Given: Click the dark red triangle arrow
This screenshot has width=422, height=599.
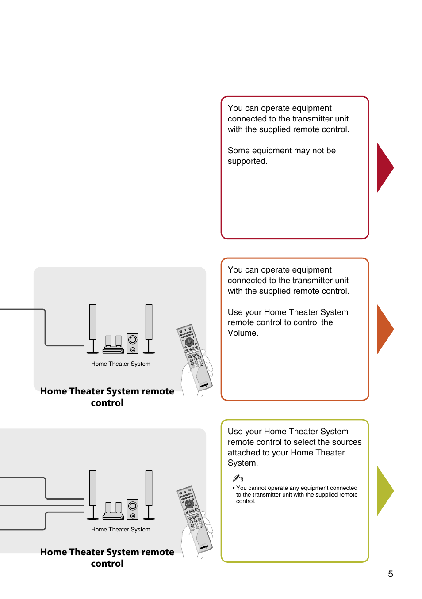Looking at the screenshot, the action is [384, 167].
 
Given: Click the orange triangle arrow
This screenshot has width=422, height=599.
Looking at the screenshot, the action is [384, 329].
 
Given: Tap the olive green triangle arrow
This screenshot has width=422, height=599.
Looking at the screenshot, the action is [384, 491].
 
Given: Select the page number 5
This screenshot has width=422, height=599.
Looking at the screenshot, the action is [391, 574].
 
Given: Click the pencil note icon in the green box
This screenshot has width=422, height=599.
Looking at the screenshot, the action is [238, 478].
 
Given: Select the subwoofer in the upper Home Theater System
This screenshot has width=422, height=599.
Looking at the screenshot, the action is [133, 343].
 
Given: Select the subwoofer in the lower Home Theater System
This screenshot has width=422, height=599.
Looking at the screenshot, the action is [133, 509].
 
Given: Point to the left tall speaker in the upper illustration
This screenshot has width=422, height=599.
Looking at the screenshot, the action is [92, 329].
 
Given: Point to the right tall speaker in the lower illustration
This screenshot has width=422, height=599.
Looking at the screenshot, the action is [149, 495].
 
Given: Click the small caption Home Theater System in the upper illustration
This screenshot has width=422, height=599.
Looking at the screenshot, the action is [120, 364].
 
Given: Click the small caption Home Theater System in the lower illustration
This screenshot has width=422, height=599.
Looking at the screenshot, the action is [120, 530].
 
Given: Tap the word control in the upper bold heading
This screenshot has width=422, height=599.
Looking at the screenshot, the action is [107, 403].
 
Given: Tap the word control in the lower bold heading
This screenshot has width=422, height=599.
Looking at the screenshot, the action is [107, 564].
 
